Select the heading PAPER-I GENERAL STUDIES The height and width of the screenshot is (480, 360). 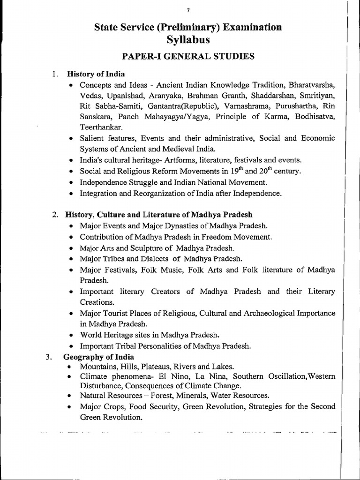(x=188, y=57)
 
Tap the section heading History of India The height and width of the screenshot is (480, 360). (x=96, y=74)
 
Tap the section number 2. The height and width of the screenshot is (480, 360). (x=55, y=215)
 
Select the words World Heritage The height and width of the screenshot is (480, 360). (x=109, y=335)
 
